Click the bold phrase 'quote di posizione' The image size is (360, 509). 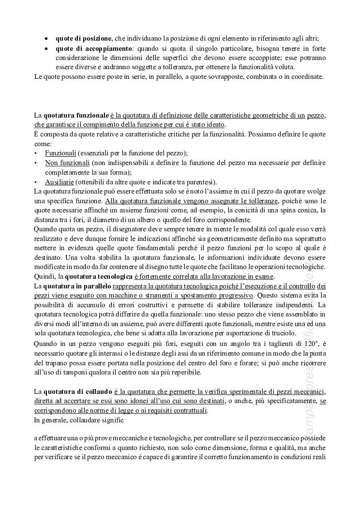[x=84, y=38]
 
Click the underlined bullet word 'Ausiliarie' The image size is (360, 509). [x=60, y=182]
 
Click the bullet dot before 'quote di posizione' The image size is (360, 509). [x=46, y=38]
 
